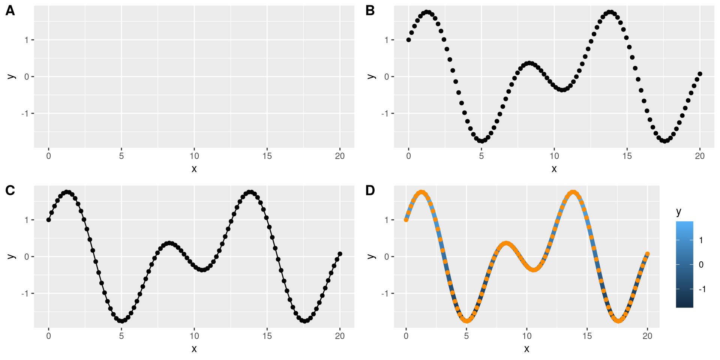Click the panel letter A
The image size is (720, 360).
pos(10,10)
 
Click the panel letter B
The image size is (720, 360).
pos(370,10)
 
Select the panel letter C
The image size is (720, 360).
pos(10,190)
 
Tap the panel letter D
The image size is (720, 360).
pos(370,190)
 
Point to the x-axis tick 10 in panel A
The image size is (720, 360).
pos(194,156)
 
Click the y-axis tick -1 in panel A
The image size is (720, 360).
pos(25,114)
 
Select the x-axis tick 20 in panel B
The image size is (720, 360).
pos(700,156)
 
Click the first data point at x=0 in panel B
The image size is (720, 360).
pos(409,40)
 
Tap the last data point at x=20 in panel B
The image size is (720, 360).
pos(700,74)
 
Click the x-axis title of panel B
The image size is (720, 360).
pos(554,169)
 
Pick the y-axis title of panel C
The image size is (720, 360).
pos(11,256)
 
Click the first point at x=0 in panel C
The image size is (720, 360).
pos(49,220)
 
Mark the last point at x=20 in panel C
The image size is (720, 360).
pos(340,254)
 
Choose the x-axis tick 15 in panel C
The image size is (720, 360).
pos(267,336)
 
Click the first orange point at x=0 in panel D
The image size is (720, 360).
pos(406,220)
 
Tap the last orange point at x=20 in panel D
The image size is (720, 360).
pos(648,254)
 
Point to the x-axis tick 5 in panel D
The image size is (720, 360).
pos(466,336)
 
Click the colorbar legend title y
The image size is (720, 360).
pos(679,212)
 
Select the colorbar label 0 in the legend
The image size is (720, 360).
pos(701,265)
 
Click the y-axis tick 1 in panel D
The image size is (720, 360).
pos(387,220)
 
